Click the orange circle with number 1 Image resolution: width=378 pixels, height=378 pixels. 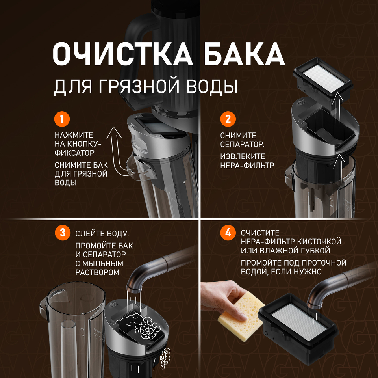click(x=62, y=119)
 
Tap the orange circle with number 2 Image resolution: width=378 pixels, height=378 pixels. click(x=228, y=119)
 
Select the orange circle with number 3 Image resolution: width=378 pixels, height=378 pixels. click(x=63, y=233)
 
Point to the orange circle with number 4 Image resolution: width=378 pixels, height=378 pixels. click(x=228, y=233)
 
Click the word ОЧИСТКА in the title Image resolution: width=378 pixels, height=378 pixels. click(x=122, y=54)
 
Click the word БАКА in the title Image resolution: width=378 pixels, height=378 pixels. click(x=245, y=54)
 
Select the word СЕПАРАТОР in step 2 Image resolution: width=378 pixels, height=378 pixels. click(x=242, y=144)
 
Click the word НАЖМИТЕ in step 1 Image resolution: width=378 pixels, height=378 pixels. click(x=74, y=135)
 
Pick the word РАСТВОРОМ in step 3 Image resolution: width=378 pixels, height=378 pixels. click(x=97, y=272)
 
